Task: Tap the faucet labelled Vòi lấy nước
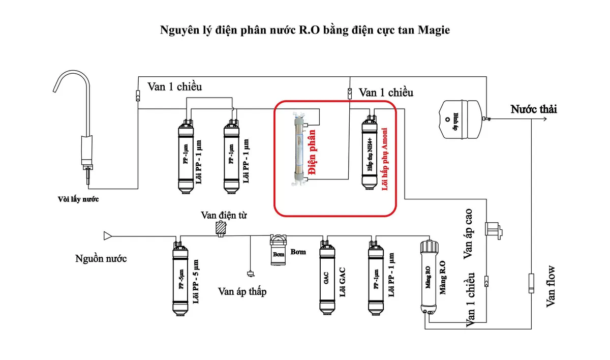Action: point(81,127)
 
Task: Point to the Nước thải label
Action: point(534,109)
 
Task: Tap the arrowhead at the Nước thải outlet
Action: point(544,119)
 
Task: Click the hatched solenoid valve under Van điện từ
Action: point(221,228)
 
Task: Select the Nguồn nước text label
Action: point(101,259)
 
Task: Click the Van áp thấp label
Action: point(242,291)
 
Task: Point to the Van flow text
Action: point(551,287)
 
